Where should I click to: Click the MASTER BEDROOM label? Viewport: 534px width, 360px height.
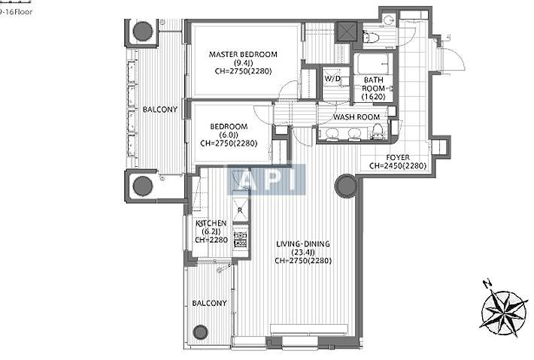[x=243, y=54]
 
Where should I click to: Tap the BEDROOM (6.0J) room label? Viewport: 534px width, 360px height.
[x=229, y=126]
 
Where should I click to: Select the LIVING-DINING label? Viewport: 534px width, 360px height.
[x=303, y=244]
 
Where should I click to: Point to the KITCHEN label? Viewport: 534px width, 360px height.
[x=211, y=223]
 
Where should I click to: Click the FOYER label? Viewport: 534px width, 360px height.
[x=398, y=158]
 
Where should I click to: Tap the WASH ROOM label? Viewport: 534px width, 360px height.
[x=357, y=117]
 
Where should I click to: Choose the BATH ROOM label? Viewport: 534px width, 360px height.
[x=374, y=84]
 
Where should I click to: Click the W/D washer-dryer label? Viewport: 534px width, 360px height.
[x=332, y=79]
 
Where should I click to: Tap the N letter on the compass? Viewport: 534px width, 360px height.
[x=487, y=283]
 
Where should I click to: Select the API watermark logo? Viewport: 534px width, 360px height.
[x=266, y=180]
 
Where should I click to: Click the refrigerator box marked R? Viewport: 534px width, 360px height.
[x=240, y=210]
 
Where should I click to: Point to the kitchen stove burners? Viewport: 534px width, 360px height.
[x=240, y=239]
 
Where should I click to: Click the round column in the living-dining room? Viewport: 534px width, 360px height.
[x=346, y=186]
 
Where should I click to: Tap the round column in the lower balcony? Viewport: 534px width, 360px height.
[x=200, y=331]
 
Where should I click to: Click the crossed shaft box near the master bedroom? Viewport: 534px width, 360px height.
[x=347, y=32]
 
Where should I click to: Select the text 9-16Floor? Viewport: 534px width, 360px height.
[x=16, y=12]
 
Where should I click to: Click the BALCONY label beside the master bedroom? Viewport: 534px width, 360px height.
[x=160, y=110]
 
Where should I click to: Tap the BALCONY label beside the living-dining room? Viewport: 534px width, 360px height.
[x=209, y=303]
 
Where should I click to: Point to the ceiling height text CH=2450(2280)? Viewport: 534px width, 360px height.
[x=398, y=166]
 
